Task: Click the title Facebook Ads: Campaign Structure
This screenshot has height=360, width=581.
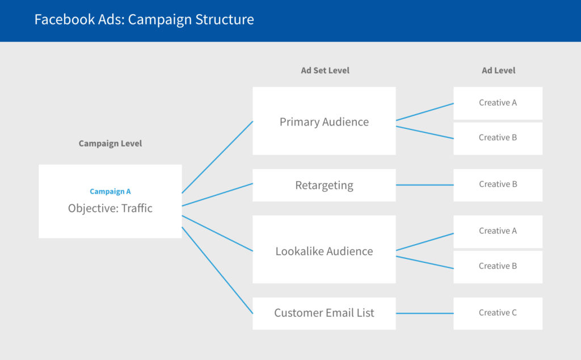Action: (x=144, y=19)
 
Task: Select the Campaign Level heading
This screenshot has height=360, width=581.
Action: (x=110, y=144)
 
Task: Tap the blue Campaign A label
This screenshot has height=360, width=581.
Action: (x=110, y=192)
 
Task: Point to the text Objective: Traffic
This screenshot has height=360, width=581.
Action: (x=110, y=208)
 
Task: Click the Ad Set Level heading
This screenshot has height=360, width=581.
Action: (x=325, y=71)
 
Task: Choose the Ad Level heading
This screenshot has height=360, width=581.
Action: (x=498, y=71)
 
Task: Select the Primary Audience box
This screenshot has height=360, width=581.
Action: (x=324, y=122)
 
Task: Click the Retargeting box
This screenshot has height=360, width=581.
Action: (x=324, y=185)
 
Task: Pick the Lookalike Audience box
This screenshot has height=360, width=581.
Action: (x=324, y=251)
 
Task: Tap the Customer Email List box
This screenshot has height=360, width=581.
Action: (x=324, y=313)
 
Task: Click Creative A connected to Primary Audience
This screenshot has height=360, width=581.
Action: (x=498, y=103)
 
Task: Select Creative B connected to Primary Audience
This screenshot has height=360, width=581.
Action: (x=498, y=138)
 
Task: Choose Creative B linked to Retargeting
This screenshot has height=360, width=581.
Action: (x=498, y=185)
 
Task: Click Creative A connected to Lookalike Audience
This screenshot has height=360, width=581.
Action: (x=498, y=231)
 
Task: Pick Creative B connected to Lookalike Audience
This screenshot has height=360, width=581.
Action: (x=498, y=266)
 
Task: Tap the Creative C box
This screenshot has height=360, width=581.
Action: (x=498, y=313)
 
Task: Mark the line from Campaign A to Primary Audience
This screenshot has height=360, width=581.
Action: (x=217, y=157)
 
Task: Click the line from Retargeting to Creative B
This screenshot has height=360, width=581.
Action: (x=424, y=185)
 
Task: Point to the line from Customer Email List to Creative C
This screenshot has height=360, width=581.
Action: (x=424, y=313)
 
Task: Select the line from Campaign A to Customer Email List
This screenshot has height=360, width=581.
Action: (x=217, y=270)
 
